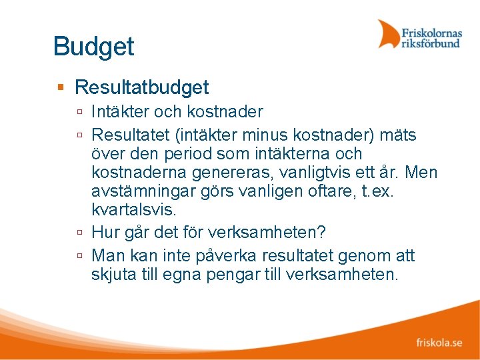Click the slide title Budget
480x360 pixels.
click(93, 47)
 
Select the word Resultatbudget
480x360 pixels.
click(141, 87)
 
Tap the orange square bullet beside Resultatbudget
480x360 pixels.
click(61, 87)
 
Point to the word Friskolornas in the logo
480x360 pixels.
click(431, 31)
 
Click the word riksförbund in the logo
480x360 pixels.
click(430, 43)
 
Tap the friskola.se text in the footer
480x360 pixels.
click(439, 343)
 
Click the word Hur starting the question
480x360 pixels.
click(105, 233)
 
